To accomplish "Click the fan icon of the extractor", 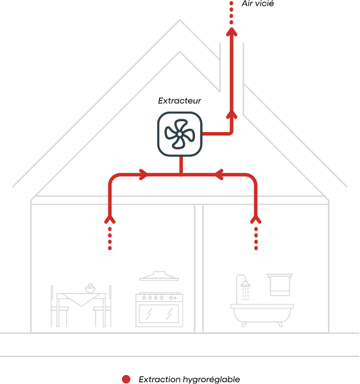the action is coord(180,134).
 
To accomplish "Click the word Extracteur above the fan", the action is coord(180,101).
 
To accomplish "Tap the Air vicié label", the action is coord(257,4).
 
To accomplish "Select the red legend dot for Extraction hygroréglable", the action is coord(126,379).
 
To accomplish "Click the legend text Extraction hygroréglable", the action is coord(189,380).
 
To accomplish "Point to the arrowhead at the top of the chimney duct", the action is coord(232,32).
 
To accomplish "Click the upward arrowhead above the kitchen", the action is coord(110,219).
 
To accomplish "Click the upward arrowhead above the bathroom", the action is coord(256,219).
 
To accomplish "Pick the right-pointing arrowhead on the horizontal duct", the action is coord(144,174).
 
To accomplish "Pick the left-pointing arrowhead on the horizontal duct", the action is coord(219,174).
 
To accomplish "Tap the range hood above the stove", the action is coord(159,276).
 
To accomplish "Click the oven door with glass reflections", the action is coord(159,313).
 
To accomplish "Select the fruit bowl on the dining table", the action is coord(90,288).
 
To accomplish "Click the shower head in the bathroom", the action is coord(245,283).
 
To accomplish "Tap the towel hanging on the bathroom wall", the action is coord(280,285).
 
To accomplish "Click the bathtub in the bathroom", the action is coord(262,315).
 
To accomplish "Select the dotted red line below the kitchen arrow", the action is coord(110,238).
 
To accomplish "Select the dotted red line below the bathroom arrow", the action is coord(256,238).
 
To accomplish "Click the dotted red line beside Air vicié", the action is coord(232,13).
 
